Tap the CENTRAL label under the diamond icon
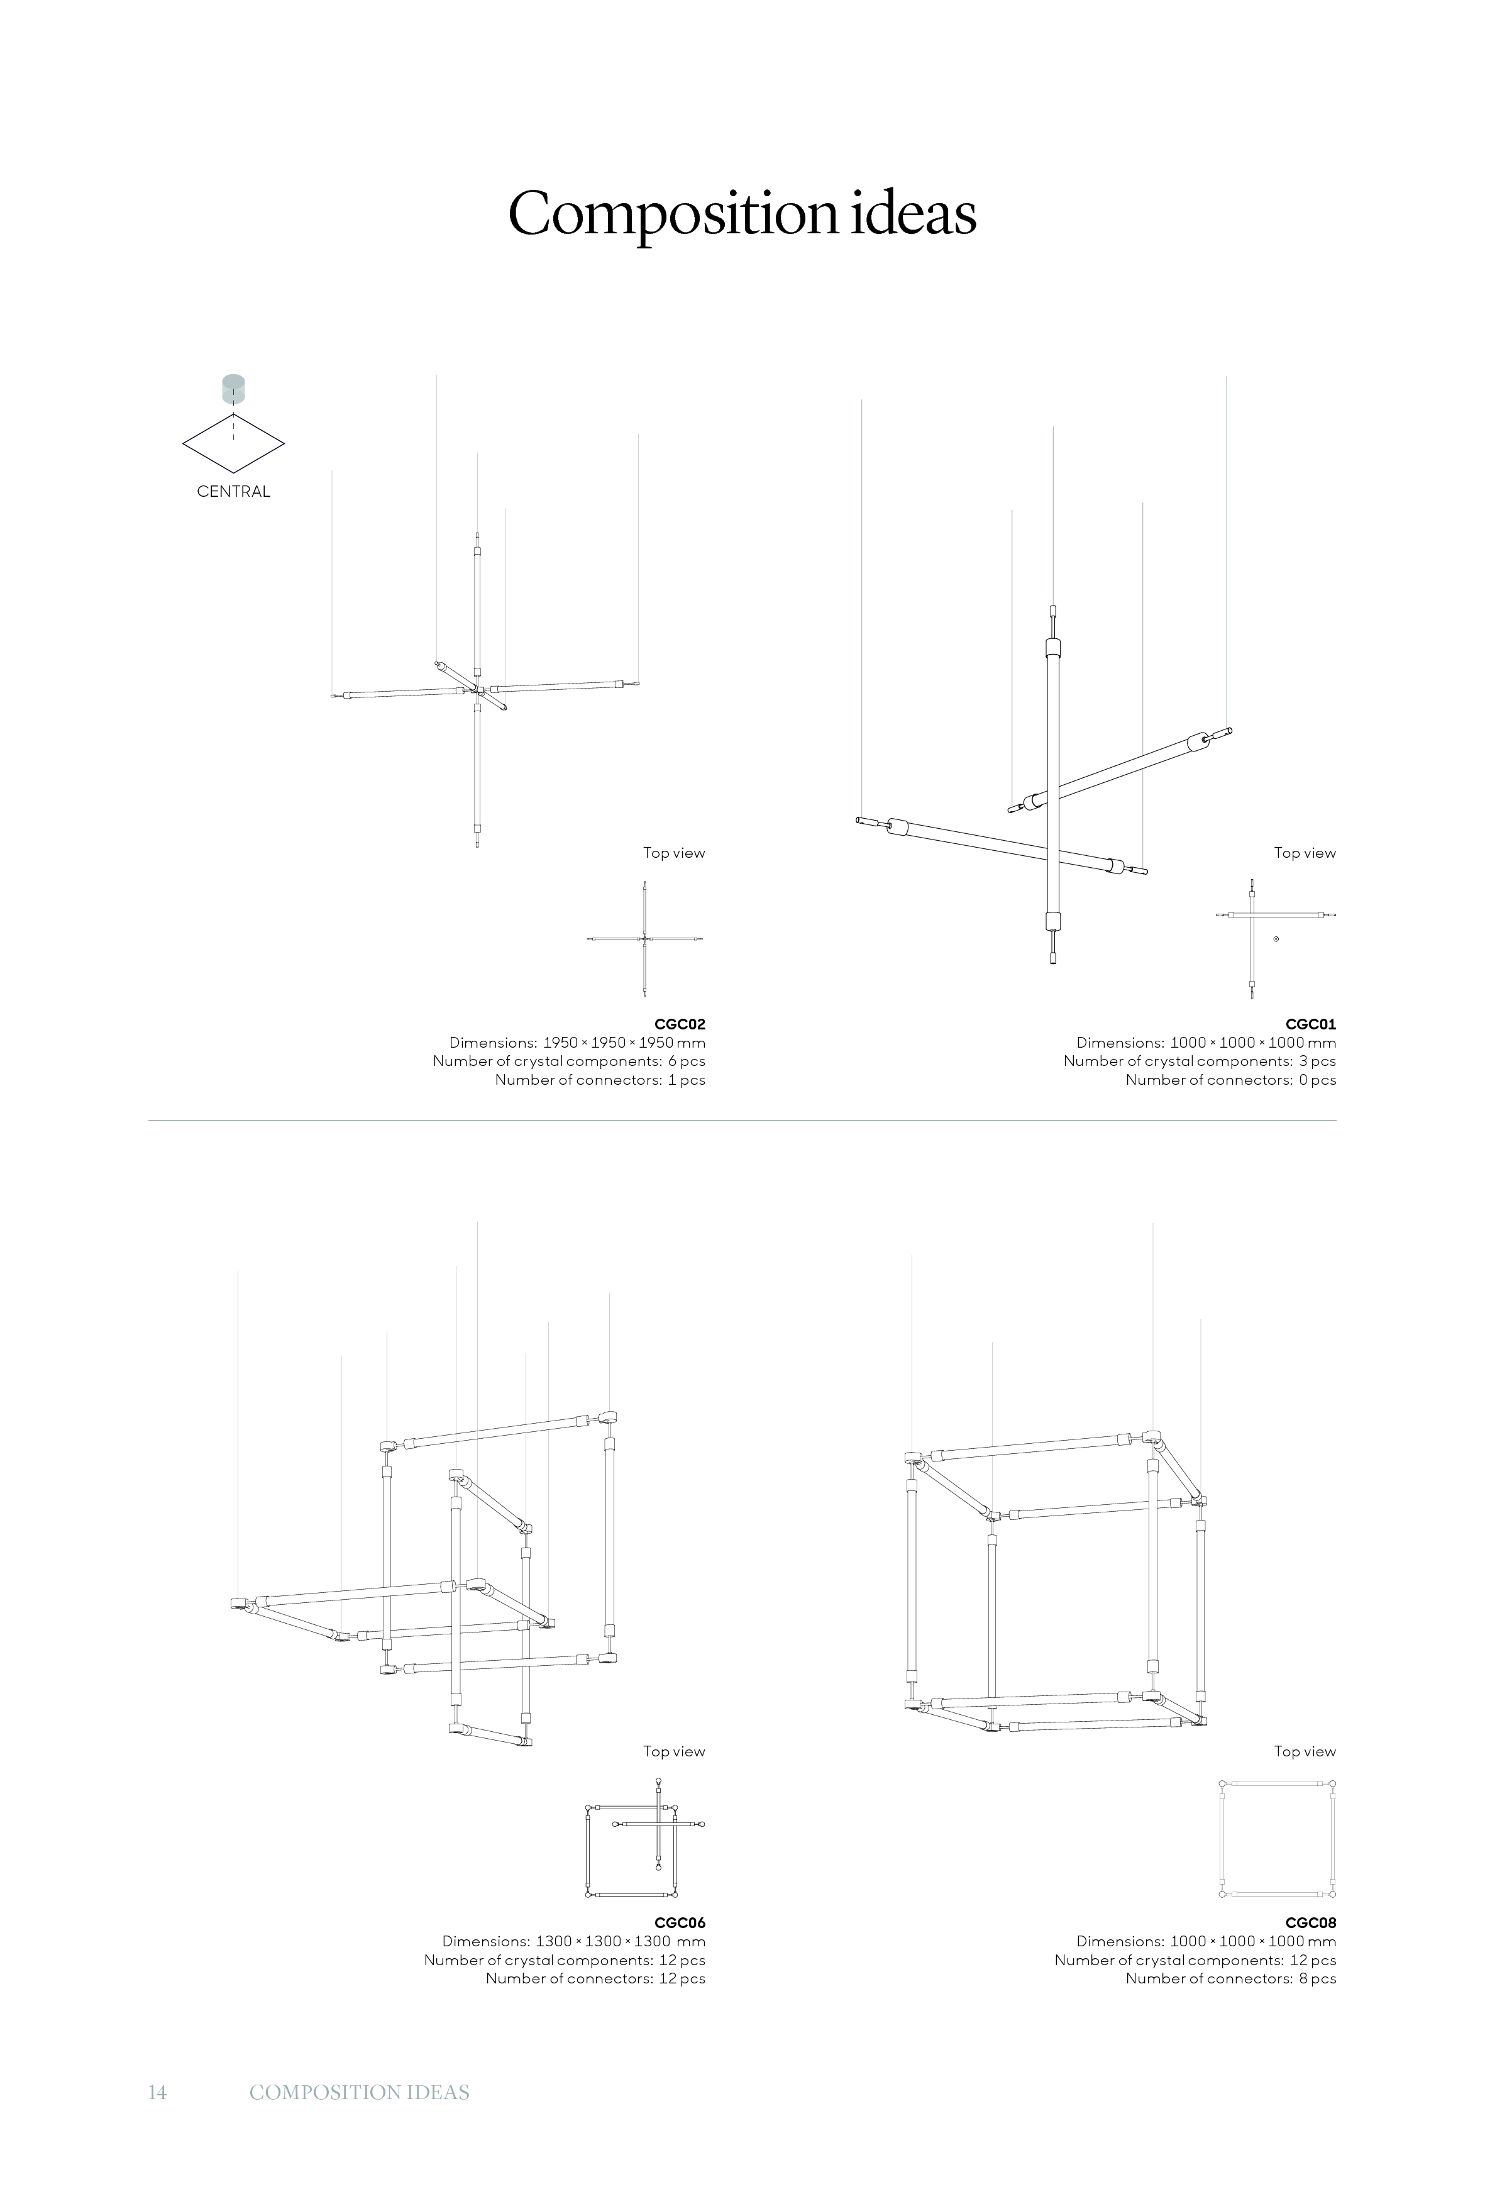point(234,492)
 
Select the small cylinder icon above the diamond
point(233,389)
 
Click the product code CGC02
point(680,1024)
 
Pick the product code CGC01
point(1311,1024)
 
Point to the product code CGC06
point(680,1923)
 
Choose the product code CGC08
point(1311,1923)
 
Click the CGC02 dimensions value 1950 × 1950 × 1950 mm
point(624,1043)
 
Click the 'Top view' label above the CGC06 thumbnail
point(675,1751)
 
